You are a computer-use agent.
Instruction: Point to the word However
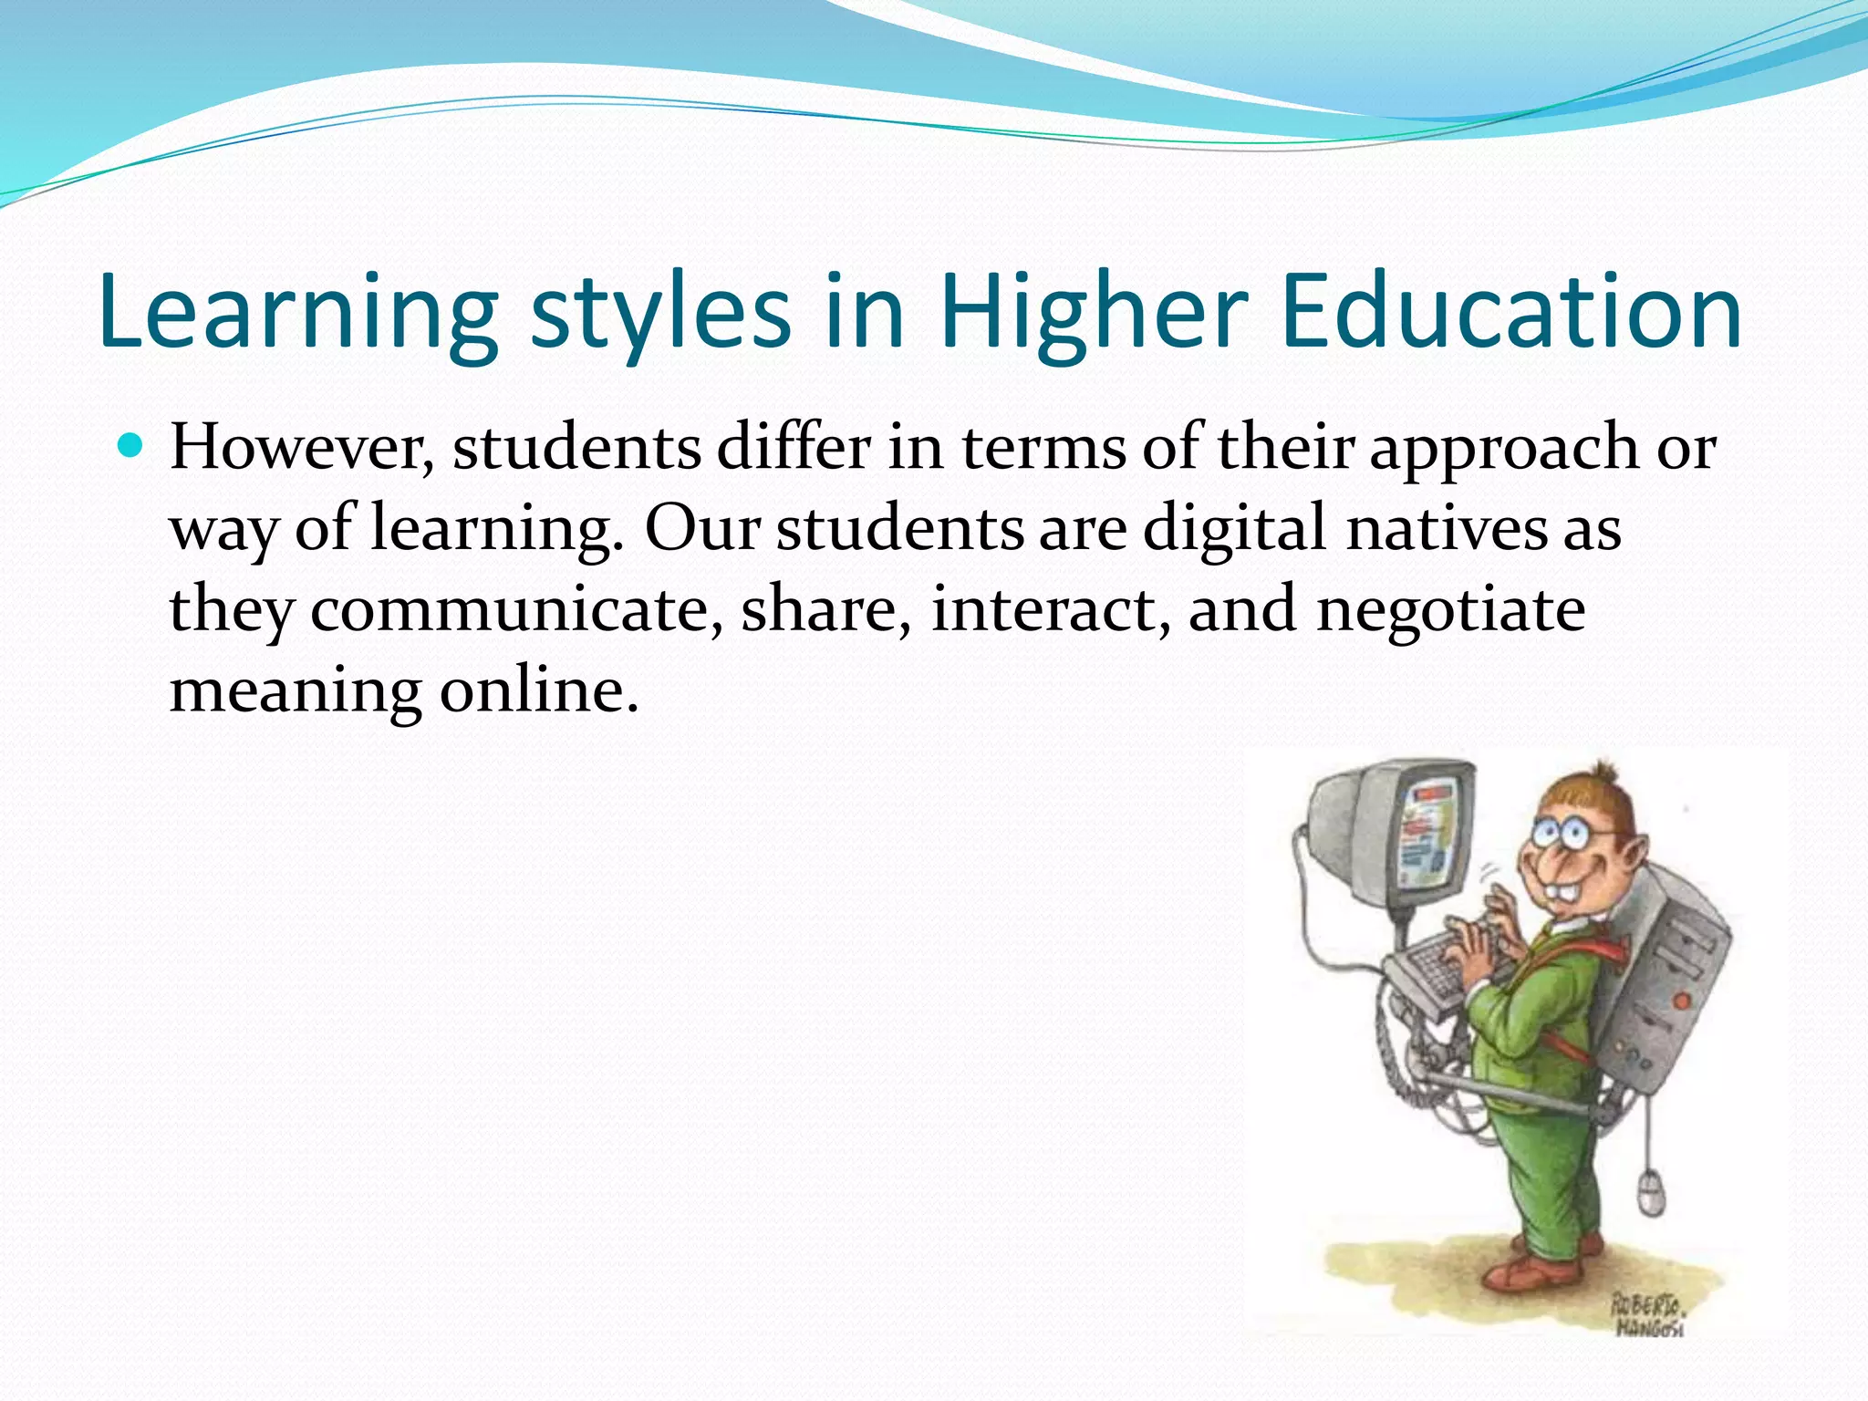pos(301,449)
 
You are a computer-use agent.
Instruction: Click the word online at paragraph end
pos(538,690)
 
